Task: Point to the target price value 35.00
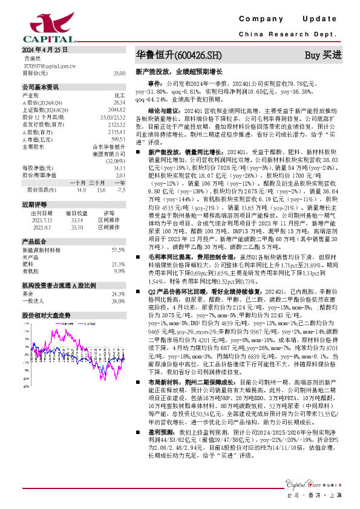tap(119, 73)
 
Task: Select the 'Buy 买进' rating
tap(323, 55)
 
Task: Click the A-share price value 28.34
tap(119, 102)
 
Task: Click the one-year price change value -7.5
tap(121, 189)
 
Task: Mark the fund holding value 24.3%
tap(118, 294)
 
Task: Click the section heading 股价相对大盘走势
tap(47, 315)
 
